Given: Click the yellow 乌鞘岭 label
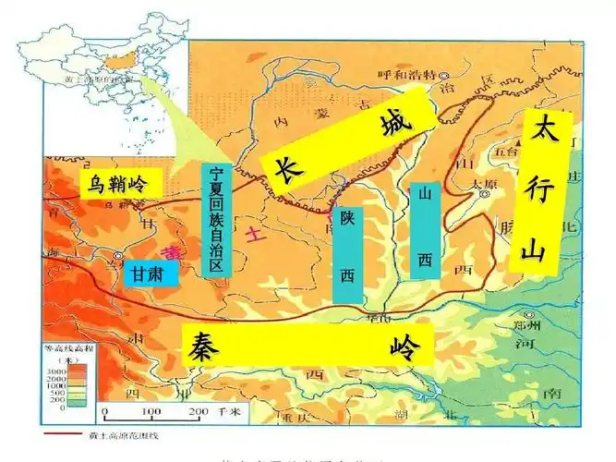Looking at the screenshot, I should tap(119, 182).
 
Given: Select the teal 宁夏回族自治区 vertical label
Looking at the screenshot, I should tap(215, 219).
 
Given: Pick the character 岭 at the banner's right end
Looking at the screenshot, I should tap(404, 348).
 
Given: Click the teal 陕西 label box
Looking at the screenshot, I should tap(347, 252).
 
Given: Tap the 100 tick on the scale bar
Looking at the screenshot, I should tap(151, 412).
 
